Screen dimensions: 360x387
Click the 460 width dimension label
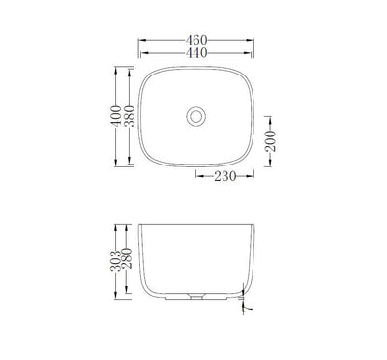[x=197, y=41]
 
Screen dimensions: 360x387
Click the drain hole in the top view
[x=197, y=115]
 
